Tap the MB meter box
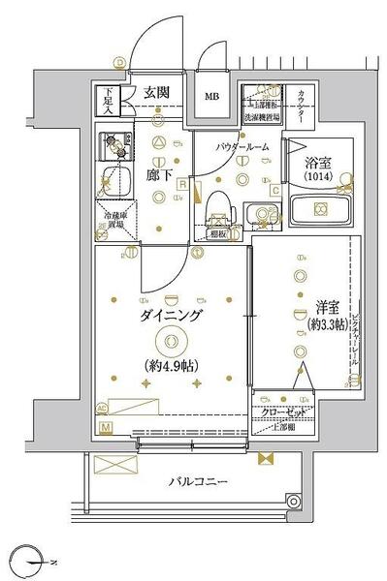point(211,97)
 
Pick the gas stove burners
point(114,147)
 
